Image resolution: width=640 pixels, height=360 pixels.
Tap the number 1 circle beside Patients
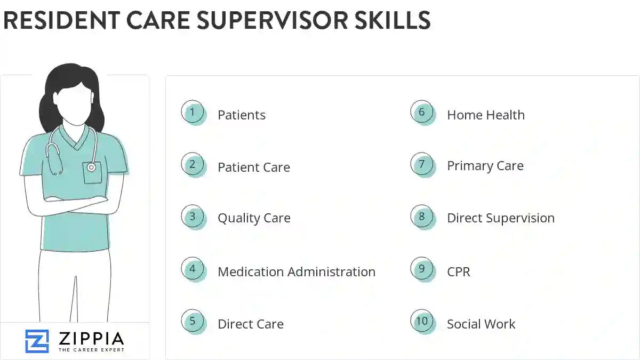(x=193, y=113)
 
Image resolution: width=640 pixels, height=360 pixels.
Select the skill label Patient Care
(x=253, y=167)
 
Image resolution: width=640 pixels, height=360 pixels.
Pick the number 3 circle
(x=193, y=217)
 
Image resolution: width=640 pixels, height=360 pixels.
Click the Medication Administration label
(x=296, y=271)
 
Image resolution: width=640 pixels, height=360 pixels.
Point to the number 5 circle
(x=193, y=322)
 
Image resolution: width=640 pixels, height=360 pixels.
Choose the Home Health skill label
(x=485, y=115)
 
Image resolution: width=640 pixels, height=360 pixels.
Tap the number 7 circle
(x=422, y=165)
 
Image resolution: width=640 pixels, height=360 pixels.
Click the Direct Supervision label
(x=500, y=218)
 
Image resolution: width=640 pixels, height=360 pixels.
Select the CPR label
(x=458, y=271)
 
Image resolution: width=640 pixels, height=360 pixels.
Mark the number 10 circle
(x=422, y=322)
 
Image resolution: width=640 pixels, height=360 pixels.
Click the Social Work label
(x=481, y=324)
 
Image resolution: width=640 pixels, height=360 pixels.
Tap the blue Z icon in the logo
(x=37, y=341)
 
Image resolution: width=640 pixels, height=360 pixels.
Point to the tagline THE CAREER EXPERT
(x=91, y=350)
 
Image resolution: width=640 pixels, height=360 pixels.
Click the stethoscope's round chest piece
(x=91, y=167)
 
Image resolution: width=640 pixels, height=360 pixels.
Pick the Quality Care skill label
(x=254, y=218)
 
